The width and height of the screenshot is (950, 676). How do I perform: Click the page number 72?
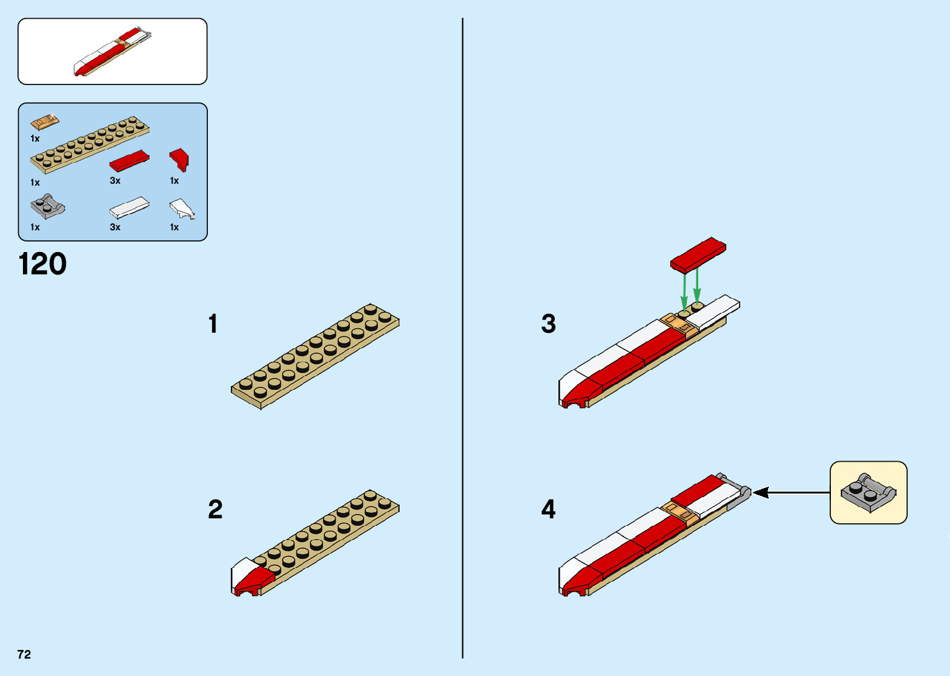point(24,654)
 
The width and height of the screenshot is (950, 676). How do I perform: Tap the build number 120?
point(43,264)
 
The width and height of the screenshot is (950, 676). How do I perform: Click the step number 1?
point(213,324)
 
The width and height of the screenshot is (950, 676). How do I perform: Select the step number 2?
point(215,510)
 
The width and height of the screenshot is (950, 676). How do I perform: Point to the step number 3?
point(549,324)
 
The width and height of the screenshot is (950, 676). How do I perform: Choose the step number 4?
point(549,510)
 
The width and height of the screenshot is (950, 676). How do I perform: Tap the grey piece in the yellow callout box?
point(868,492)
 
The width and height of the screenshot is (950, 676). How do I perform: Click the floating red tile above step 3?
point(698,255)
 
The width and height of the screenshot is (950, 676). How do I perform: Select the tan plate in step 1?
point(315,356)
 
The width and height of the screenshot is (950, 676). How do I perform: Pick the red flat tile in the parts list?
point(129,161)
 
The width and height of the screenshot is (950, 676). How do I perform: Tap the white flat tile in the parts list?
point(129,208)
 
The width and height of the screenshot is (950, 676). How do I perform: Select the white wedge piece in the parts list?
point(181,209)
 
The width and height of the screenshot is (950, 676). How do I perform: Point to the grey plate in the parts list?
point(47,207)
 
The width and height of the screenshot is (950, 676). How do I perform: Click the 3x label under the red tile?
point(115,181)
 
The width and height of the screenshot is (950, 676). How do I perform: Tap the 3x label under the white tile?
point(115,227)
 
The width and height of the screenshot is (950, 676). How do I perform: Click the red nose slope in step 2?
point(254,580)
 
